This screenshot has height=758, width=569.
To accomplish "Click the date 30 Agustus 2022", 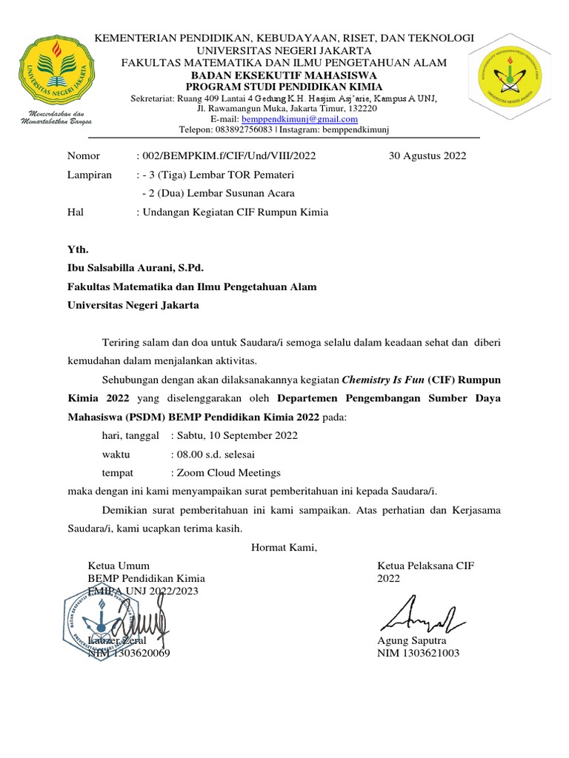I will [x=427, y=155].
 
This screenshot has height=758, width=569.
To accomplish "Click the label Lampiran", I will [x=90, y=175].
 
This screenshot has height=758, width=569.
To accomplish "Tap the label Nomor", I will [x=83, y=155].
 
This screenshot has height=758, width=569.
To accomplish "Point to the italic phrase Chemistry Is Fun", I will [x=382, y=380].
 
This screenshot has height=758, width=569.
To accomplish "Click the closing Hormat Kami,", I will [x=284, y=548].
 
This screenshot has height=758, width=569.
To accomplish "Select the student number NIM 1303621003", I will [x=418, y=653].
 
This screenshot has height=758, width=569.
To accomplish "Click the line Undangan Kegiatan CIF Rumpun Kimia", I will [x=235, y=212].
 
